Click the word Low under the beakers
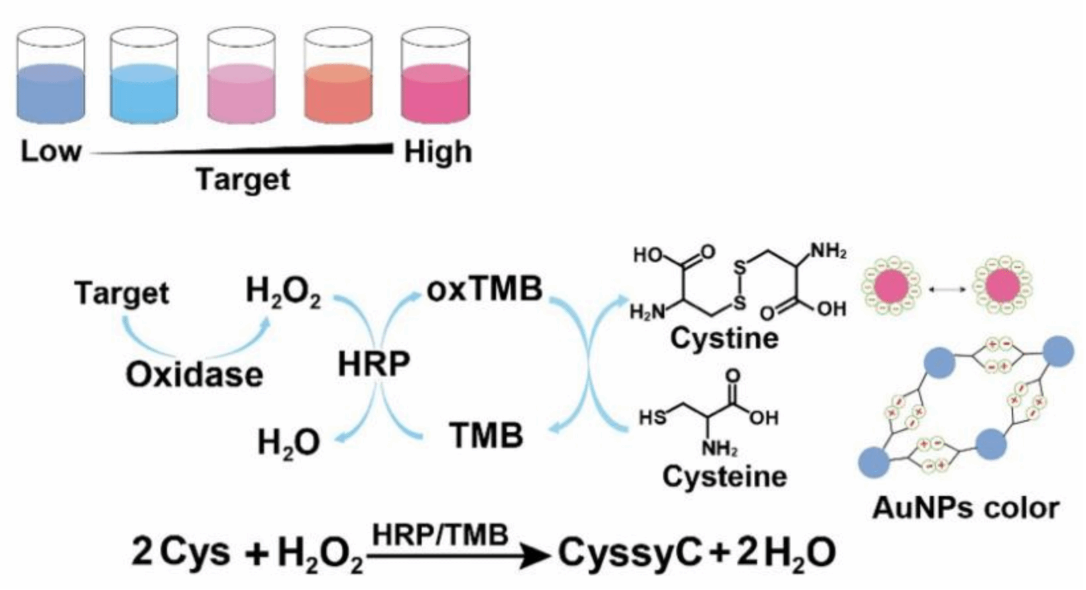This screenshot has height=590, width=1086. [x=50, y=151]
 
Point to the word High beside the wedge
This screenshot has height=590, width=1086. [x=438, y=152]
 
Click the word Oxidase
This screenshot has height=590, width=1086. [x=194, y=375]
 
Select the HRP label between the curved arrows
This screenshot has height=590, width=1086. [x=374, y=364]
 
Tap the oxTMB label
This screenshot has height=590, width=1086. [x=485, y=289]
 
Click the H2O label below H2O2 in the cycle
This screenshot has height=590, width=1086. [x=289, y=442]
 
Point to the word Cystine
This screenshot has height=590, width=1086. [x=724, y=338]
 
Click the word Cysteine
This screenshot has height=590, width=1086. [x=725, y=476]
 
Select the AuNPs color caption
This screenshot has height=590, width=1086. [x=965, y=508]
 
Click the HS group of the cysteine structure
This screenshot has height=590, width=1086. [x=652, y=417]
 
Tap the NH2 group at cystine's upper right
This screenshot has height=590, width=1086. [x=829, y=251]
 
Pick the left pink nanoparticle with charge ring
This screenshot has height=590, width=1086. [x=890, y=287]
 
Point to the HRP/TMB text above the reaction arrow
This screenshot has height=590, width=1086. [x=440, y=534]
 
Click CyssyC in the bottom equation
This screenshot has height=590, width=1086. [x=629, y=552]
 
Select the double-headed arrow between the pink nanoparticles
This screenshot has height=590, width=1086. [x=946, y=289]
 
